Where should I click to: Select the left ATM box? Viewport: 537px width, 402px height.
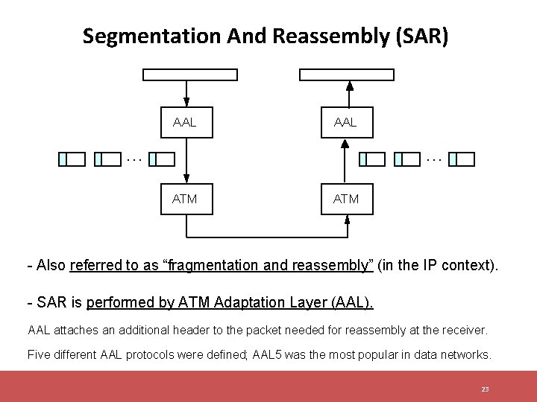186,199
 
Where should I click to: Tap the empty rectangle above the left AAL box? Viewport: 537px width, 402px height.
190,74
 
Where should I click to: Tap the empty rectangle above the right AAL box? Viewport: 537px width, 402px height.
347,74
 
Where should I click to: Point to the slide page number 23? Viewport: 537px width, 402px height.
485,389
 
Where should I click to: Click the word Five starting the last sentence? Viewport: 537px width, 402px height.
40,354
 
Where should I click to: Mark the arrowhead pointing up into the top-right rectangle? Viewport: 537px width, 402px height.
349,84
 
